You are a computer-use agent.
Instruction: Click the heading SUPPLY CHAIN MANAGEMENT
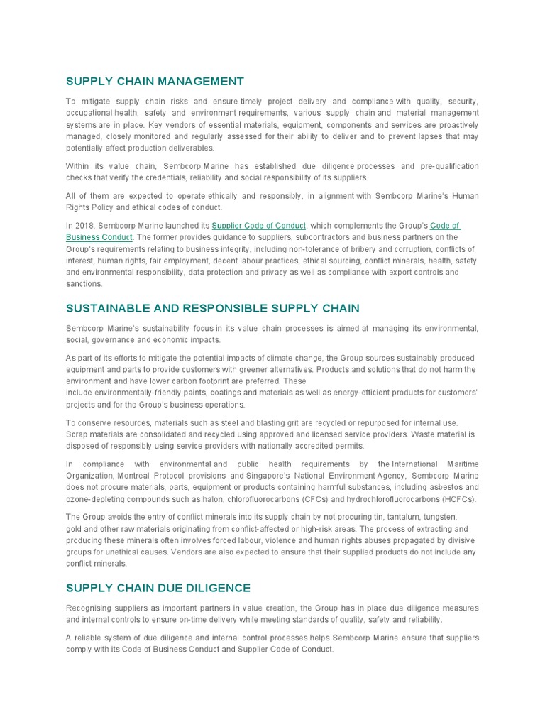(155, 82)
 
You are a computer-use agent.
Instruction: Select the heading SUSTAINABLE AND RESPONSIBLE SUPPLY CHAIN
(213, 308)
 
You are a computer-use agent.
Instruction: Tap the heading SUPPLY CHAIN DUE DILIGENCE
(158, 588)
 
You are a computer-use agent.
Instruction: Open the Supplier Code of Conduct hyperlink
(259, 226)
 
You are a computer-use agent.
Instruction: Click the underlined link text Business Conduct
(99, 237)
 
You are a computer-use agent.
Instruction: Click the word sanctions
(84, 283)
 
